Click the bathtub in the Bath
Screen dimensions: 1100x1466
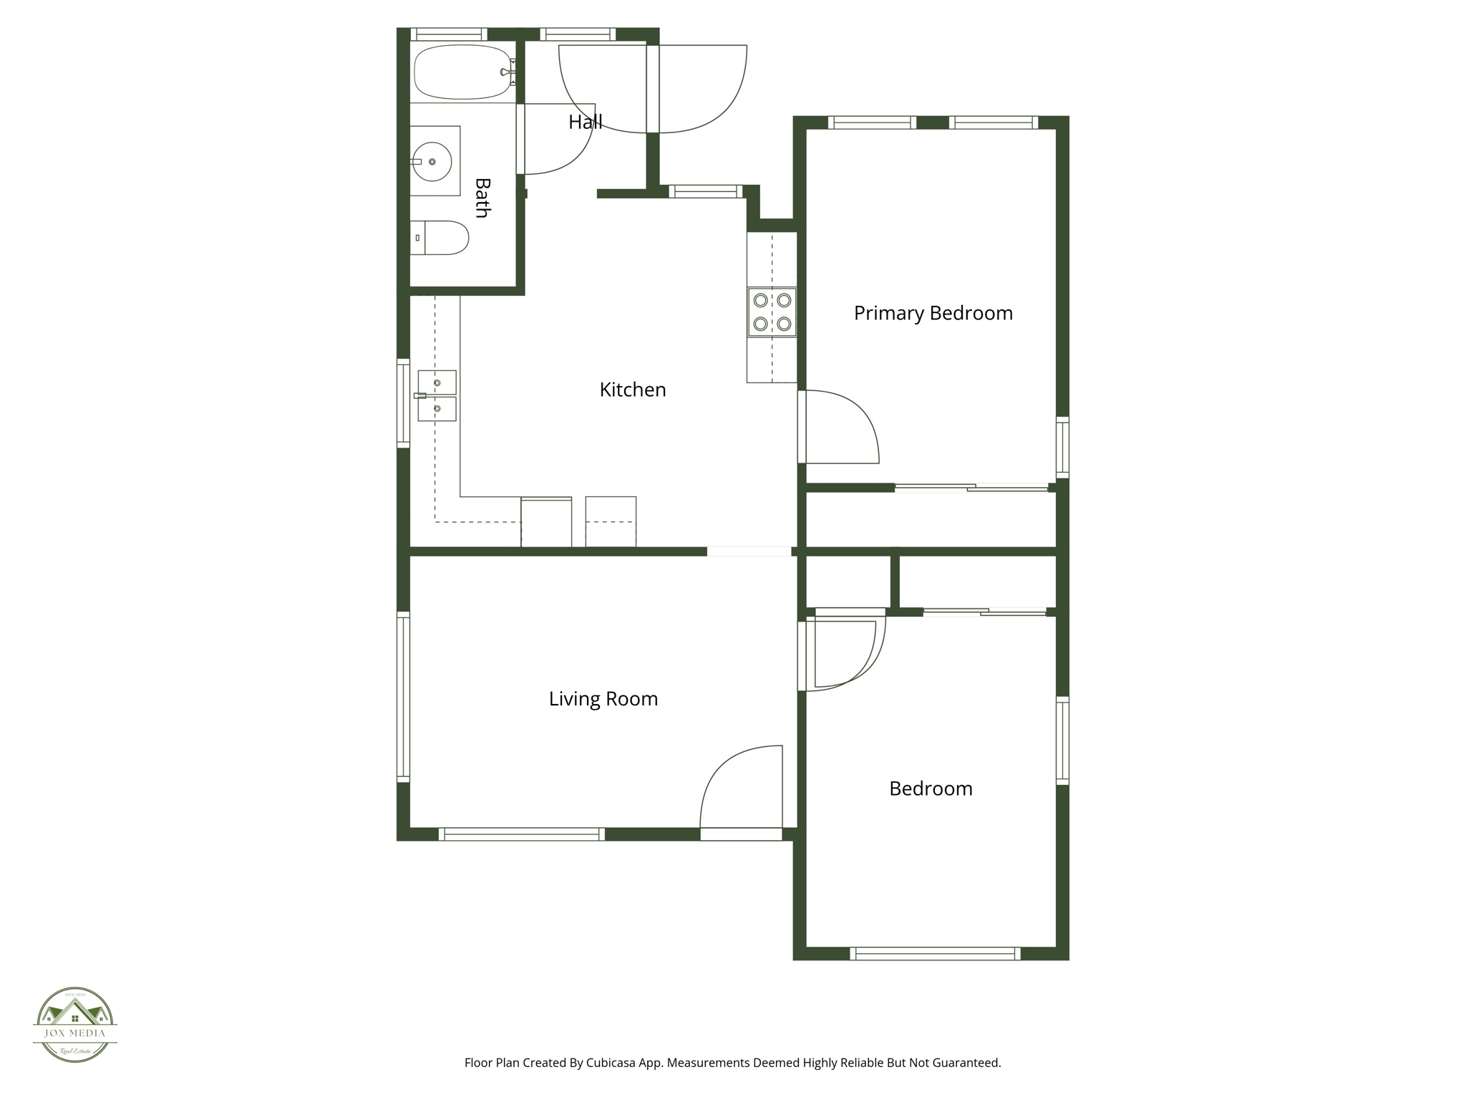pos(462,72)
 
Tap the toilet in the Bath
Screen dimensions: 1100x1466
pos(444,238)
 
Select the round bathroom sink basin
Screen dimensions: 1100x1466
pos(432,162)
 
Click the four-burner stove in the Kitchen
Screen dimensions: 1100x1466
pos(772,312)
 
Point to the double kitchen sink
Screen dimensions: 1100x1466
pos(437,395)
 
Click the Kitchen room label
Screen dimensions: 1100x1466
pos(633,390)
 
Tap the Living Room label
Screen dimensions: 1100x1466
pos(603,699)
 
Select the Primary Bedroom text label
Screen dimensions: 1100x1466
pos(933,313)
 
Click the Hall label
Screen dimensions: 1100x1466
pos(585,122)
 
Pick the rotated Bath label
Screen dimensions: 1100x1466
pos(482,198)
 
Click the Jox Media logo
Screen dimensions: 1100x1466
pos(75,1024)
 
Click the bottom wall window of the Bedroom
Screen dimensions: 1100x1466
pos(935,953)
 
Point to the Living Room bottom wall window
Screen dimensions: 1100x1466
pos(522,834)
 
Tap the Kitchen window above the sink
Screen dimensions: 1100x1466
pos(404,403)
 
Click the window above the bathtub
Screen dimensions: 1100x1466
pos(449,34)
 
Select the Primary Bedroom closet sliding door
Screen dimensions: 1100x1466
pos(971,488)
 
